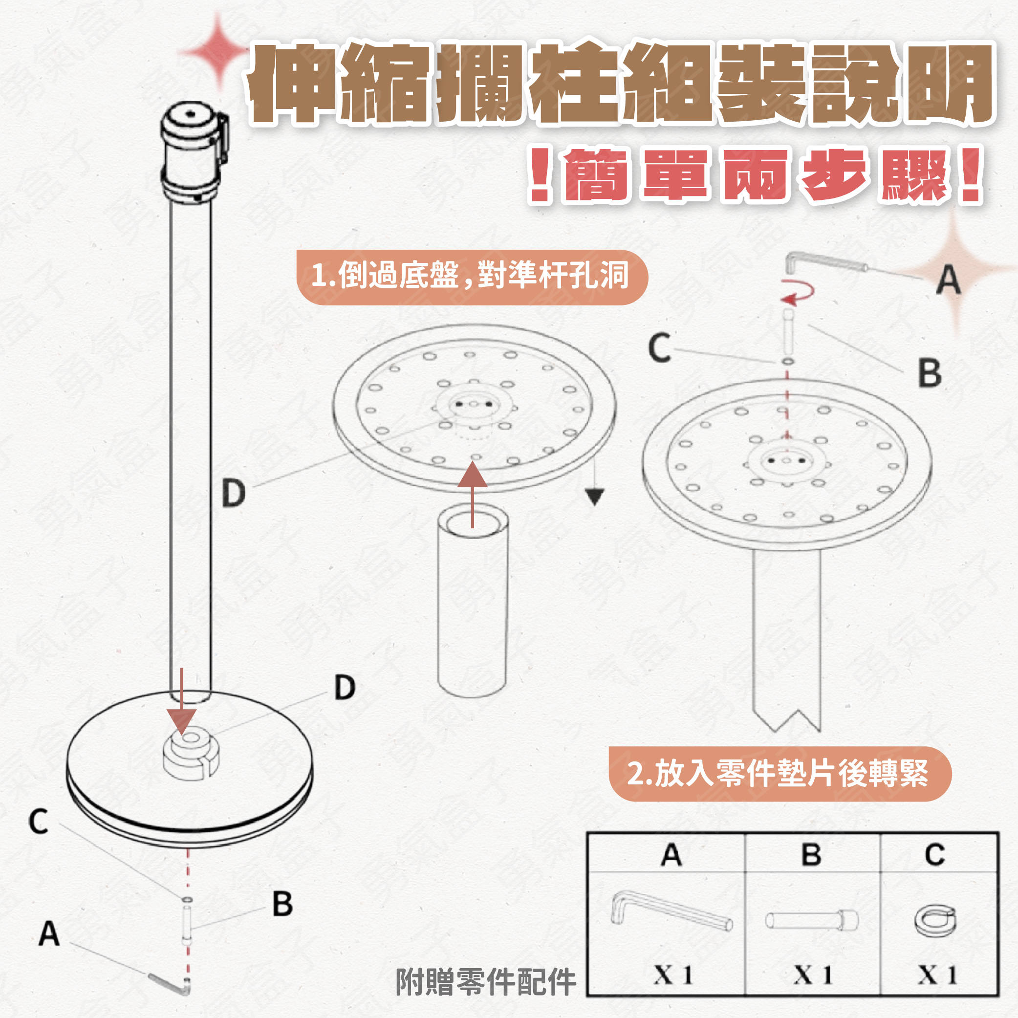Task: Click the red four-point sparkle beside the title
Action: click(x=215, y=52)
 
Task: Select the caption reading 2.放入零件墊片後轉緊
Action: click(x=780, y=774)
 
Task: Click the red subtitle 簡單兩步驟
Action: click(x=756, y=175)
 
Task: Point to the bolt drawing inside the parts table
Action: click(x=811, y=920)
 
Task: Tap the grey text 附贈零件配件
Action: click(x=486, y=982)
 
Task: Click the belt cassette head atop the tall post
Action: click(x=194, y=153)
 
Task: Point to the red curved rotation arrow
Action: click(x=799, y=293)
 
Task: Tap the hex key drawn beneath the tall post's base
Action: click(x=170, y=984)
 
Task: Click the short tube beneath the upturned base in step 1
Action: click(x=473, y=601)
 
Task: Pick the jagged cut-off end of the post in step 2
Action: click(x=786, y=719)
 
